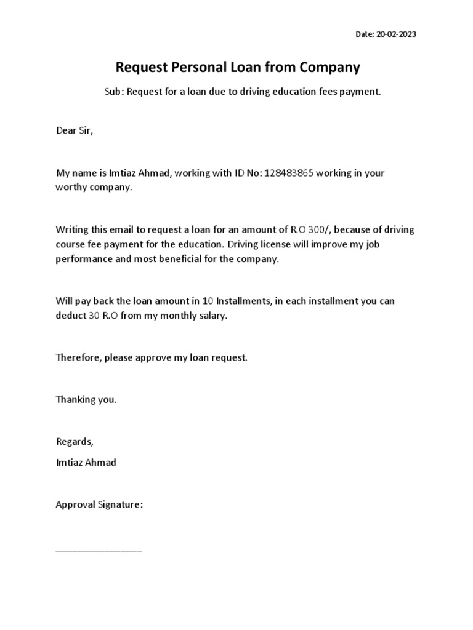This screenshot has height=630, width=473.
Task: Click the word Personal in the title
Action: tap(195, 67)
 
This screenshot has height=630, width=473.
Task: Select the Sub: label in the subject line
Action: tap(111, 92)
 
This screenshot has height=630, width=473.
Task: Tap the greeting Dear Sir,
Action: tap(75, 131)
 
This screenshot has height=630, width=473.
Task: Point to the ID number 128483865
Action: tap(289, 173)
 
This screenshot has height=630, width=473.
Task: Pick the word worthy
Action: tap(70, 188)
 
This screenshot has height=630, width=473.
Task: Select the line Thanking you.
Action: tap(86, 399)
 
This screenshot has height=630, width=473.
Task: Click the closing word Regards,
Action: tap(75, 442)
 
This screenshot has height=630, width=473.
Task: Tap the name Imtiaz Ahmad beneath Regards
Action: tap(86, 462)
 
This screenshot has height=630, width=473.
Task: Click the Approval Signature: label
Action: tap(99, 504)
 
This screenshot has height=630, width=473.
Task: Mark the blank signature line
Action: tap(99, 550)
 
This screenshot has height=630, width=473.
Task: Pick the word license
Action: tap(285, 244)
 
